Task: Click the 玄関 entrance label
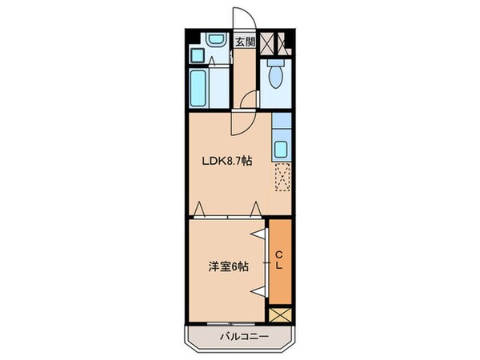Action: [245, 41]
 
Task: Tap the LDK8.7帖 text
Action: [226, 161]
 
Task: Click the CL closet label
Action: [279, 261]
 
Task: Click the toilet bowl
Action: [275, 78]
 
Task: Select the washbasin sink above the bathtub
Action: [214, 39]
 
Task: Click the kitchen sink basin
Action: [281, 149]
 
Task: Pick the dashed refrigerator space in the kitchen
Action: [282, 176]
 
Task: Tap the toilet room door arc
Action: [250, 101]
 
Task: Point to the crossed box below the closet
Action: [281, 314]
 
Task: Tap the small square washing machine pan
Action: [196, 55]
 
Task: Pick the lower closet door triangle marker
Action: [258, 290]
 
